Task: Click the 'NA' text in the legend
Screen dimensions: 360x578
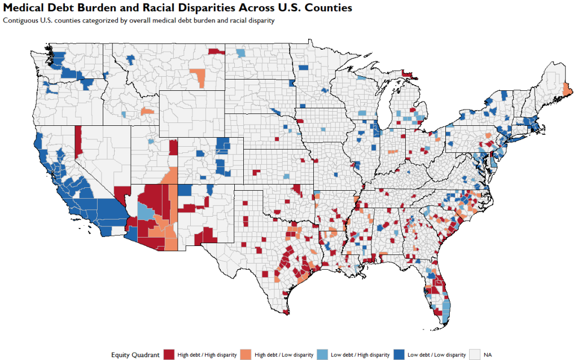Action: click(x=488, y=354)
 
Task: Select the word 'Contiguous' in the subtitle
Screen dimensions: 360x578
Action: click(x=20, y=20)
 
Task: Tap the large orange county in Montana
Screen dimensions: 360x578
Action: click(x=198, y=77)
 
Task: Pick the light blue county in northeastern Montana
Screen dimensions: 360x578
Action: click(x=241, y=53)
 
